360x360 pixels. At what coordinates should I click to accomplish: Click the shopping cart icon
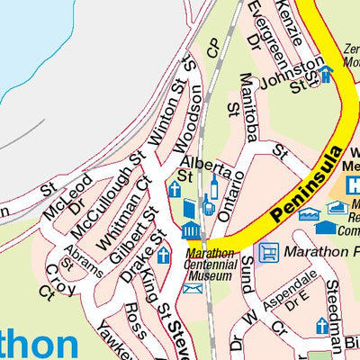[268, 252]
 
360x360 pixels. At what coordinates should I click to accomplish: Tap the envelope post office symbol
[192, 288]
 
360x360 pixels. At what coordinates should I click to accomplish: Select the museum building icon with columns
[191, 231]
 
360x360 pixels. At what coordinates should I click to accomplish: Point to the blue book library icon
[189, 210]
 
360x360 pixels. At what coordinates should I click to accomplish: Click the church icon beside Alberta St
[174, 189]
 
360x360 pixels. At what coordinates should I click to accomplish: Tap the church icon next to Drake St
[163, 255]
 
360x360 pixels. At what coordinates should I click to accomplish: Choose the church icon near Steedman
[321, 325]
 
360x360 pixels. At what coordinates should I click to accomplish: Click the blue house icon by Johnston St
[325, 74]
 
